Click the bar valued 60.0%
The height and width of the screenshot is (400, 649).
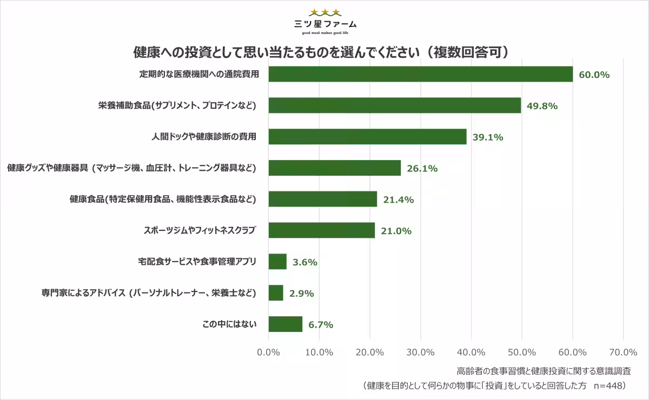tap(421, 74)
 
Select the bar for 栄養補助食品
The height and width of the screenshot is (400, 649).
tap(395, 105)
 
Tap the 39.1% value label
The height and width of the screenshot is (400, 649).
tap(488, 137)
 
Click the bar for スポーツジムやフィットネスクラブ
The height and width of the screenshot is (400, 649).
tap(322, 230)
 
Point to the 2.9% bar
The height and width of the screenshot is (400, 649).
tap(276, 293)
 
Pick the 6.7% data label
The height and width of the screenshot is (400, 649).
tap(321, 325)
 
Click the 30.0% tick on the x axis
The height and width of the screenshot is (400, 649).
tap(420, 352)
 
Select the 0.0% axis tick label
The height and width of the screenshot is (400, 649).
tap(268, 352)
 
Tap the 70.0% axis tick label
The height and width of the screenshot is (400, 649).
tap(623, 352)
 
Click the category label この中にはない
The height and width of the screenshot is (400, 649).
tap(229, 324)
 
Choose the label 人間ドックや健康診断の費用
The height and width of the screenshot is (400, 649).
tap(203, 137)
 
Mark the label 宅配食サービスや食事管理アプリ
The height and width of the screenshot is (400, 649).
tap(197, 262)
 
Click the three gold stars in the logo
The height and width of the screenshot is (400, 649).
tap(325, 12)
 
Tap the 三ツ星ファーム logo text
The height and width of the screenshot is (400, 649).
tap(325, 24)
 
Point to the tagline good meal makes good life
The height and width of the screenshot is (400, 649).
tap(325, 32)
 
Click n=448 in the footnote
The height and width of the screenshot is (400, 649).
tap(608, 386)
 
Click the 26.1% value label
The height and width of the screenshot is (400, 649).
tap(422, 169)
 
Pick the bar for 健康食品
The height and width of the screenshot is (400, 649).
tap(323, 199)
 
